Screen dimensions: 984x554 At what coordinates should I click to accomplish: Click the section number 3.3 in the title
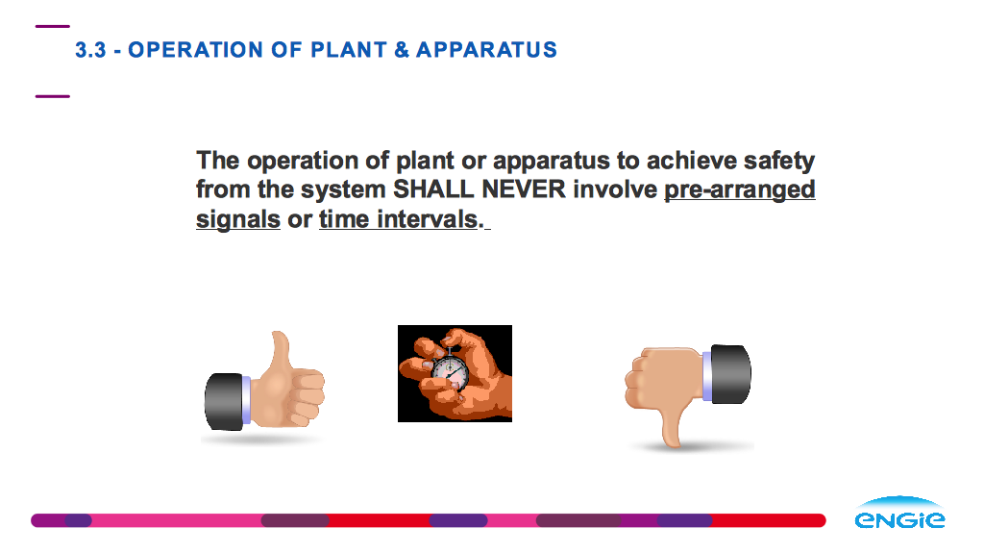[90, 50]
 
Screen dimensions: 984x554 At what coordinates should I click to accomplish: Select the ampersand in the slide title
[402, 50]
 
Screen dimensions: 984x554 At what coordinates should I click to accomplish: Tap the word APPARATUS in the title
[486, 50]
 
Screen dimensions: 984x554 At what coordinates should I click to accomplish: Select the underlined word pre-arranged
[739, 190]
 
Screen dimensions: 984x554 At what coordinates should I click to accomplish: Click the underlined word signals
[238, 220]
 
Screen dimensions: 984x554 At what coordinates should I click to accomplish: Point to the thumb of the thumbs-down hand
[671, 424]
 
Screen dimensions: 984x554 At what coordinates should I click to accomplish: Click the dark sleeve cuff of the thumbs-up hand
[224, 402]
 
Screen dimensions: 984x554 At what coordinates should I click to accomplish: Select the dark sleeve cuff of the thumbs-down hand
[730, 374]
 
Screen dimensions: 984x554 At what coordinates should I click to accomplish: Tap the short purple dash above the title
[53, 26]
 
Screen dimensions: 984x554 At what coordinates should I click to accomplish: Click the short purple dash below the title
[53, 96]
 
